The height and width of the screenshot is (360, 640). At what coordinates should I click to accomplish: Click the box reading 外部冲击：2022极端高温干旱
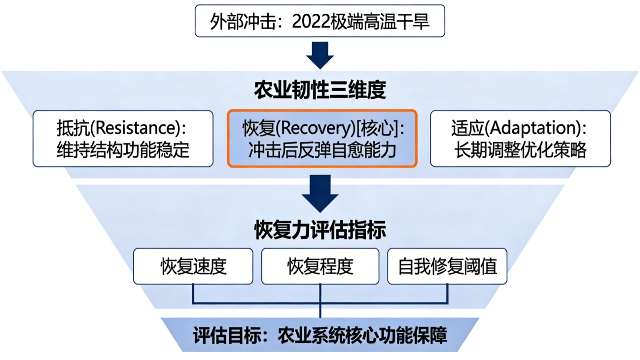tap(320, 21)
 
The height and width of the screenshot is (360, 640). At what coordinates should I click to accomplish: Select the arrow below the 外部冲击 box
tap(320, 55)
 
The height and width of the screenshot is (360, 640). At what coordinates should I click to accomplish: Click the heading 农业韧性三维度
tap(320, 90)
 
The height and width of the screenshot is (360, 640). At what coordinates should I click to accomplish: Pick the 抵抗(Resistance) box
tap(123, 139)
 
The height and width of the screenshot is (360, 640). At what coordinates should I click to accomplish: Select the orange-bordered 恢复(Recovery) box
tap(322, 139)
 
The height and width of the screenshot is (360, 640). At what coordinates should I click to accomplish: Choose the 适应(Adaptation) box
tap(520, 139)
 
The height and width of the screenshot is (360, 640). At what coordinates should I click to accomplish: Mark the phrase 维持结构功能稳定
tap(123, 149)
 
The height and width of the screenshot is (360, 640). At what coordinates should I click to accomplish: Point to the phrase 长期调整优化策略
tap(521, 149)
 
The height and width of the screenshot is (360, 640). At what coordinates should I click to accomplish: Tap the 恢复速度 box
tap(193, 266)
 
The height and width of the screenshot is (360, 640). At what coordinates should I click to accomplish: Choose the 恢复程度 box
tap(320, 266)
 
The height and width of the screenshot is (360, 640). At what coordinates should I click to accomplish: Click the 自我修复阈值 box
tap(447, 266)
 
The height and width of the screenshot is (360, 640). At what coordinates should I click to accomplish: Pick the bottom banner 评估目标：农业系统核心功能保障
tap(320, 335)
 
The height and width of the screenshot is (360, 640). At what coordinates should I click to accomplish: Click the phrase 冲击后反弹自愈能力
tap(322, 149)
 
